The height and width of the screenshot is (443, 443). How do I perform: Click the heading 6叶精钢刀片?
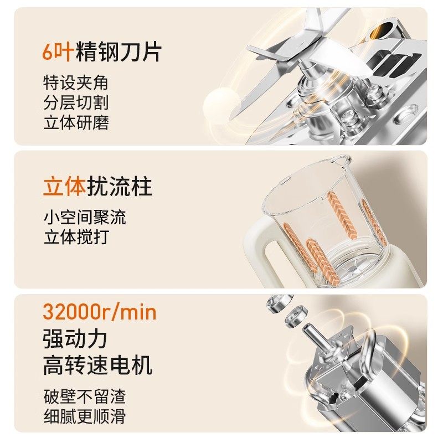(102, 52)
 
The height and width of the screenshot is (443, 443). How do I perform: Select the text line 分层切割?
(75, 103)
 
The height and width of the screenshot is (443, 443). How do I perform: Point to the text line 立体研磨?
(75, 122)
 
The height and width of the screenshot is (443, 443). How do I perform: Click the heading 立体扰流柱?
(97, 187)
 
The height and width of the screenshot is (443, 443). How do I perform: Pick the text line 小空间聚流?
(84, 217)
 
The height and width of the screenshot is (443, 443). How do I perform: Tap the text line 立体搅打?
(75, 236)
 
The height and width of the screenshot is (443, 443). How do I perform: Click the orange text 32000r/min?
(100, 313)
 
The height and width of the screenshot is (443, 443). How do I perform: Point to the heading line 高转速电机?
(97, 365)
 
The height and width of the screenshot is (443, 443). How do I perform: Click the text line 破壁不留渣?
(84, 396)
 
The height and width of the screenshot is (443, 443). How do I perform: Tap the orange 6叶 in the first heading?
(55, 52)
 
